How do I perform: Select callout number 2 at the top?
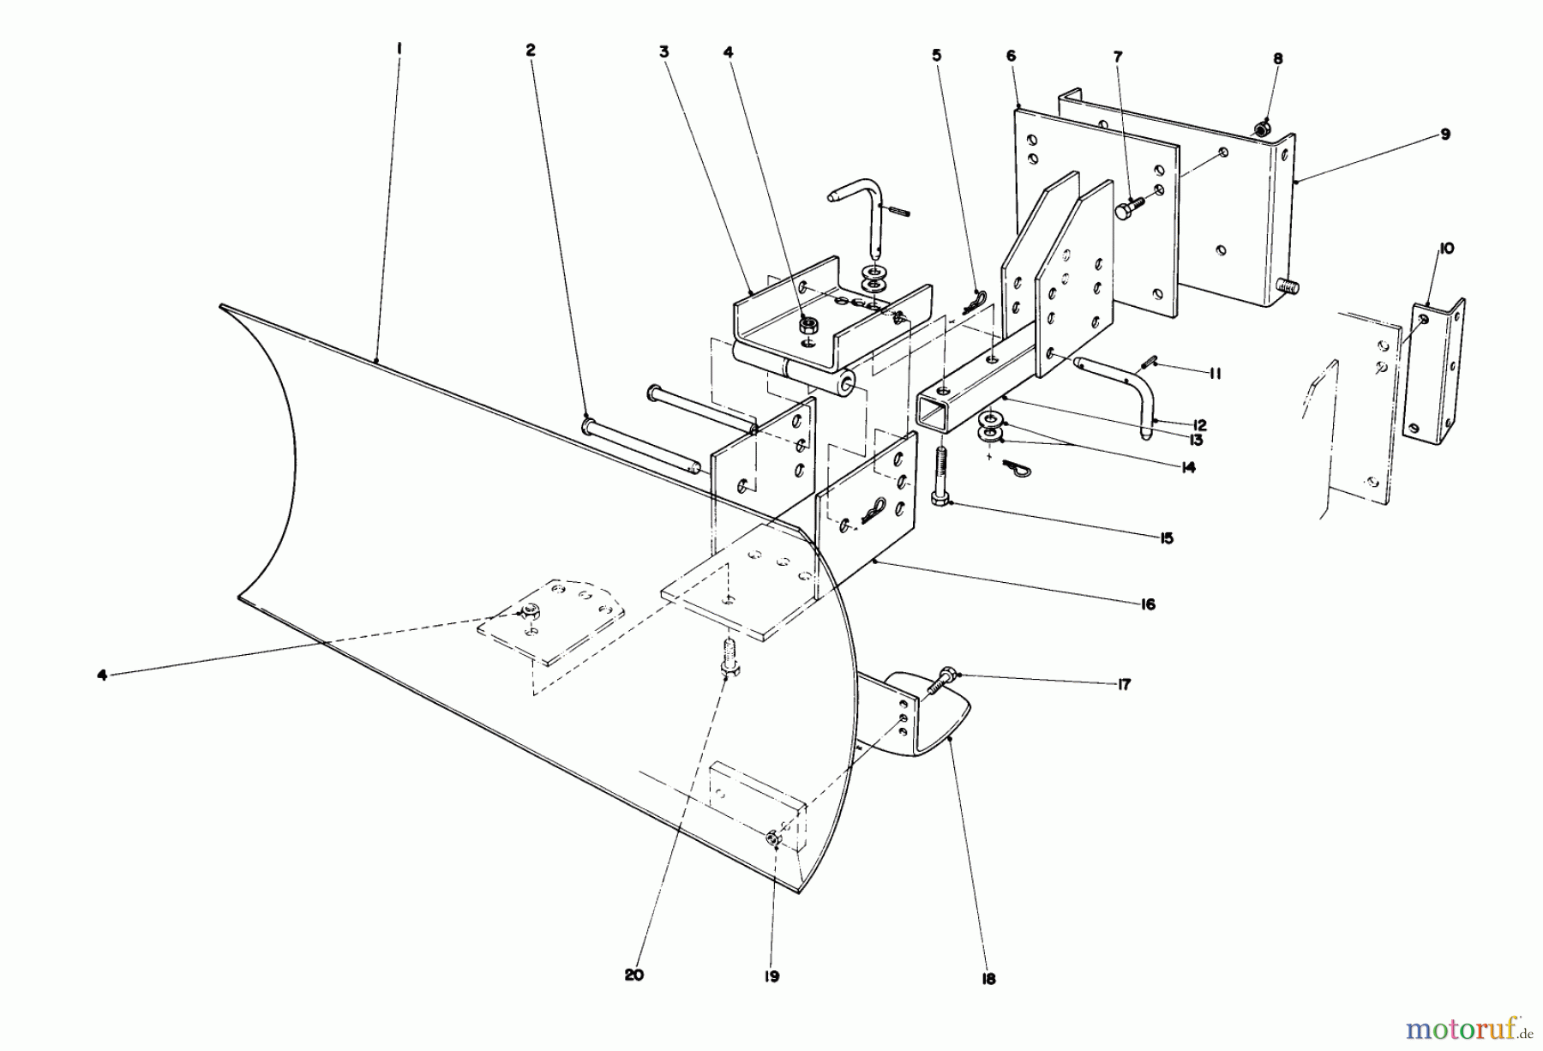(531, 51)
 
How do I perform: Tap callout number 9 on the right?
(1445, 135)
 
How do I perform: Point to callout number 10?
(1446, 249)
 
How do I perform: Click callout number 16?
(1148, 604)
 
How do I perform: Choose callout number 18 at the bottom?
(988, 979)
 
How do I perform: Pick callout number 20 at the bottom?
(633, 975)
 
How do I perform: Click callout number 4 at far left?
(102, 675)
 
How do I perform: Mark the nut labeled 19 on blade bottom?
(772, 840)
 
